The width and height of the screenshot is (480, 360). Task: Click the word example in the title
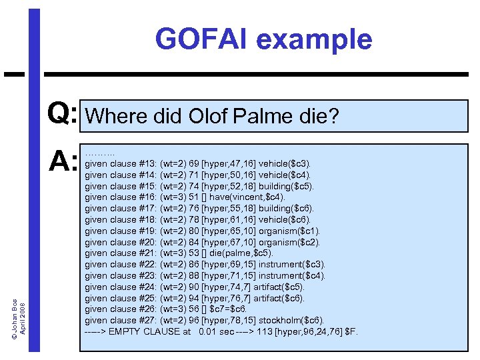(x=313, y=39)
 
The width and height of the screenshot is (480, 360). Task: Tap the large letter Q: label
(x=63, y=115)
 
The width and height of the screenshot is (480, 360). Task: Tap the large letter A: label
(x=64, y=161)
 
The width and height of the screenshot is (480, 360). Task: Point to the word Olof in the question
(x=209, y=117)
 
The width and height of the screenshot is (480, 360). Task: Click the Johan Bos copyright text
(x=18, y=293)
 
